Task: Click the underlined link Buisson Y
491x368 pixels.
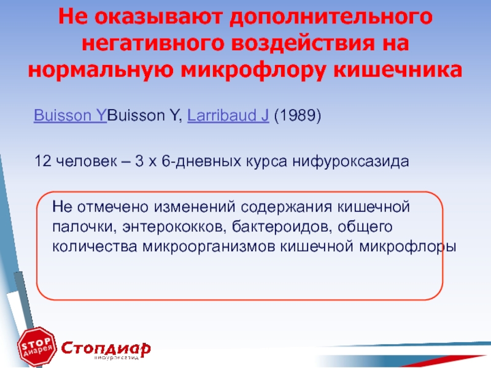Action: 71,115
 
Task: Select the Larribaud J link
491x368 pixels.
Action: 228,115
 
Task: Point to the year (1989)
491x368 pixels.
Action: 298,115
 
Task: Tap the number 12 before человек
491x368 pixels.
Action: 42,161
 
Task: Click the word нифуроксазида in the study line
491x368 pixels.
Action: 350,162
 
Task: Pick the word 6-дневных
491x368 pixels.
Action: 201,162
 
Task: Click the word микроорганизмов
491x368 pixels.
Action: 208,247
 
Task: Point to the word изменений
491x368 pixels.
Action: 194,207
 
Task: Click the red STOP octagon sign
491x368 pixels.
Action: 37,347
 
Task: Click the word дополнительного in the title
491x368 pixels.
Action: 331,17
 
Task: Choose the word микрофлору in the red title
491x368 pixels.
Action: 253,71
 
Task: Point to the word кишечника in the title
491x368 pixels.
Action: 398,69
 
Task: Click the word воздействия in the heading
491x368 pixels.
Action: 303,43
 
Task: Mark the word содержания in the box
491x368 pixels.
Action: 286,208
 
